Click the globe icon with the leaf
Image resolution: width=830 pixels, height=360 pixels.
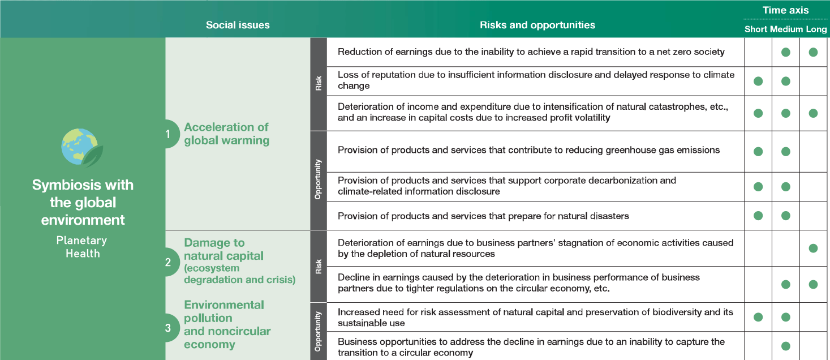click(x=82, y=148)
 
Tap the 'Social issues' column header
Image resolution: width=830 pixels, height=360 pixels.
click(x=238, y=25)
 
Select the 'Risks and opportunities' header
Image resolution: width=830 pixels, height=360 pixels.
click(x=537, y=25)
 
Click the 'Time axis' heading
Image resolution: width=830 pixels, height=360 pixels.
click(x=785, y=10)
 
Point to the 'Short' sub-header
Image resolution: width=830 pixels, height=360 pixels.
click(x=756, y=29)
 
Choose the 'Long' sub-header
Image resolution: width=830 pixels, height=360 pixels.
click(x=816, y=29)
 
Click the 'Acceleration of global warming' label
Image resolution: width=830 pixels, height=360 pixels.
click(x=226, y=134)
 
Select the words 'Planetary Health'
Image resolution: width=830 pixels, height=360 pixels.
click(x=82, y=247)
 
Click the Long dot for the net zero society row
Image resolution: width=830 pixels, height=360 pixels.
click(x=814, y=52)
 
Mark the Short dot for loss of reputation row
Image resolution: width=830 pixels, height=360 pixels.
click(x=758, y=81)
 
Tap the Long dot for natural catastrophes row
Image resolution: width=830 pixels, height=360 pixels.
click(x=814, y=113)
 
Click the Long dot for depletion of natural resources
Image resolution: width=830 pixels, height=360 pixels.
click(x=814, y=248)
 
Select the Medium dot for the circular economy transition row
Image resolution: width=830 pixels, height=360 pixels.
click(x=785, y=346)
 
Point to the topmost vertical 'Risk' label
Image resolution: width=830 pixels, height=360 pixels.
click(x=319, y=83)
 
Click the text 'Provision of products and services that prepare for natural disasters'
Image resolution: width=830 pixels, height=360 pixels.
click(x=483, y=216)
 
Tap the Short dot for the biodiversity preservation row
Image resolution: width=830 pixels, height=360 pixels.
click(x=758, y=317)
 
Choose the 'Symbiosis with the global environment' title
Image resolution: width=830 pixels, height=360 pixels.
click(x=83, y=203)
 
